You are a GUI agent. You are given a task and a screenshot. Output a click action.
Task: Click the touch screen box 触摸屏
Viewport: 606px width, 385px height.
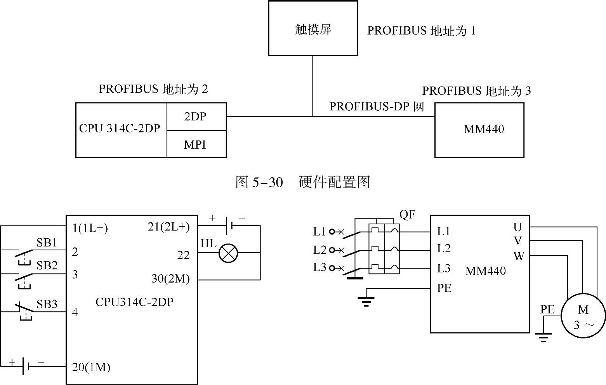point(313,28)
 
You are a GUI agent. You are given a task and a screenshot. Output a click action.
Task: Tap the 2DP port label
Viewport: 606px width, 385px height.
point(195,116)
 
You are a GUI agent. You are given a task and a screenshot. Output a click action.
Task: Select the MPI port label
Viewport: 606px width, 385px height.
point(195,145)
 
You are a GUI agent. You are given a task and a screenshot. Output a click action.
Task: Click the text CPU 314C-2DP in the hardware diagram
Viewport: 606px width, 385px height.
point(120,128)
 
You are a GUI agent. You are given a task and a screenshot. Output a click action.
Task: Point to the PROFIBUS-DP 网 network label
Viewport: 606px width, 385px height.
point(377,107)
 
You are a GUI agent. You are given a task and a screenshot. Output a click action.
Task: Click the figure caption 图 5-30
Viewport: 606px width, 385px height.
point(259,182)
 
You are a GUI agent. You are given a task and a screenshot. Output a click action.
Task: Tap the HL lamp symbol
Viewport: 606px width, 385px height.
point(228,253)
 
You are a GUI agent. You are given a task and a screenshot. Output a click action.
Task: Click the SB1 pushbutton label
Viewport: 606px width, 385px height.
point(47,243)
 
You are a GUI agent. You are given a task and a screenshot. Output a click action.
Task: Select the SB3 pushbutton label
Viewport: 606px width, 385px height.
point(47,304)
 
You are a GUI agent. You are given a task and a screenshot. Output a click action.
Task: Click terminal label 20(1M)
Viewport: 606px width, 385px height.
point(91,367)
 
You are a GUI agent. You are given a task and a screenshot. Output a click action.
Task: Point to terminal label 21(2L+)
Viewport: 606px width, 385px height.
point(168,227)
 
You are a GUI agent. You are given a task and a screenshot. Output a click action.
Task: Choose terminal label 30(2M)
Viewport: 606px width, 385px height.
point(170,278)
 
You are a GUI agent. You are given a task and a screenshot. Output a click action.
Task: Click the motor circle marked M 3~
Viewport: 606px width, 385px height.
point(583,316)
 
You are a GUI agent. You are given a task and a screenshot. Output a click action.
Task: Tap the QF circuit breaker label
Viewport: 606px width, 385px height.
point(407,215)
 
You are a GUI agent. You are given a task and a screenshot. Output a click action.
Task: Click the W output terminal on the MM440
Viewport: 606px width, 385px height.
point(519,256)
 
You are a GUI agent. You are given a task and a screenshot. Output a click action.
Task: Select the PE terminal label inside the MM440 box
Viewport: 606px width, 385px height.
point(444,288)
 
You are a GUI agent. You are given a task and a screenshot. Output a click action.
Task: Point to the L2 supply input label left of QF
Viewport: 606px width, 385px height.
point(319,250)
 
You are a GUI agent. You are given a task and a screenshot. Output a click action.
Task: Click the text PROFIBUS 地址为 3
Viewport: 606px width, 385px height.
point(476,91)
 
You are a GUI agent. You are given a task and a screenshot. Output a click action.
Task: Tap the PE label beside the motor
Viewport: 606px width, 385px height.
point(547,309)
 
